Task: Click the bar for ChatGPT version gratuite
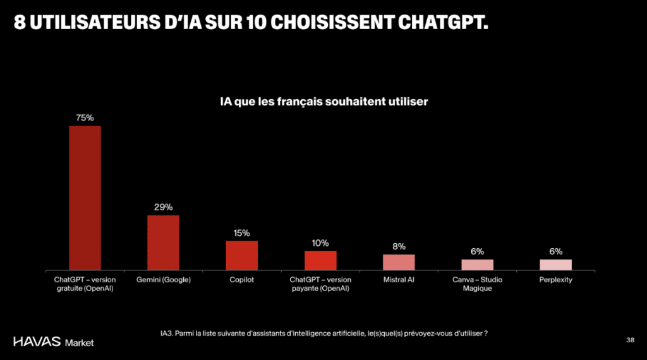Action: coord(85,198)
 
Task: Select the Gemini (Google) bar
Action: coord(163,243)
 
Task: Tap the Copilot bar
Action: coord(241,255)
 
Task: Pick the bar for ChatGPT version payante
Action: coord(320,260)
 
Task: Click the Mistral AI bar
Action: coord(399,262)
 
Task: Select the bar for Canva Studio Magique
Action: coord(477,264)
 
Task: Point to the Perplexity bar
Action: coord(555,264)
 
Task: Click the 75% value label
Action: coord(85,117)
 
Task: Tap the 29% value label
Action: coord(163,207)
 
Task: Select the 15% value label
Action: coord(241,232)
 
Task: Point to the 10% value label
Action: coord(320,243)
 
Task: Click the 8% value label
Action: coord(399,246)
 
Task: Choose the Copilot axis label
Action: coord(241,280)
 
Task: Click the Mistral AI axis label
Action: coord(399,280)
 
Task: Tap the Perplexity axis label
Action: coord(555,280)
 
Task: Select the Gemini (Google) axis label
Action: coord(163,280)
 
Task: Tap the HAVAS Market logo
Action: coord(54,342)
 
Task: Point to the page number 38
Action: coord(630,340)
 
